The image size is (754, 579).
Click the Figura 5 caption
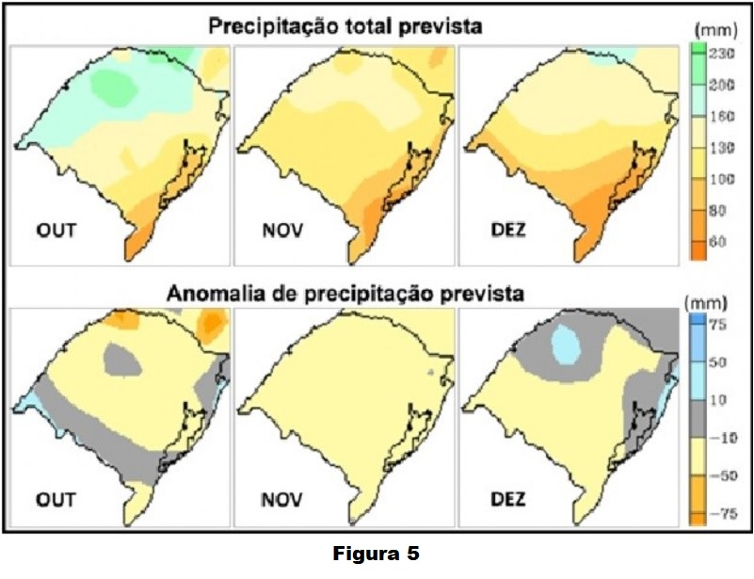pos(376,555)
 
